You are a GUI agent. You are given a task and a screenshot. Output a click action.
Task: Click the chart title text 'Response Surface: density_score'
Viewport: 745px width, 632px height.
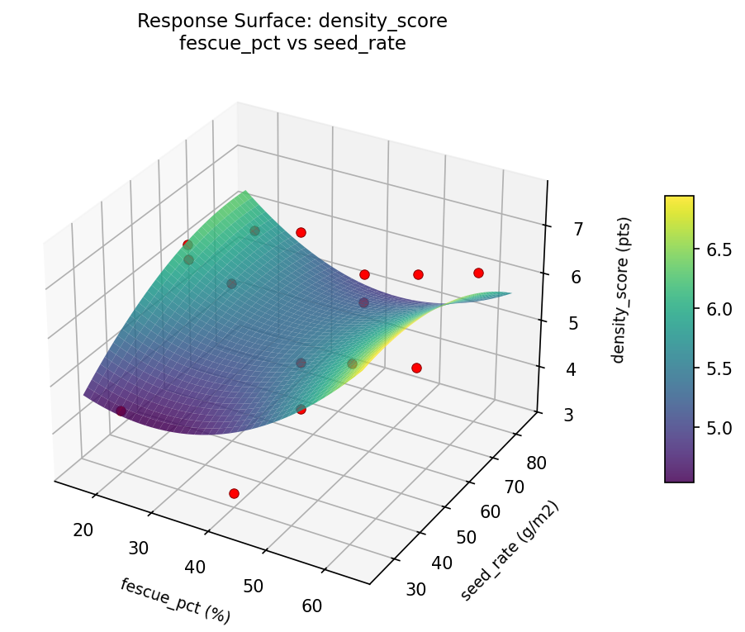(x=292, y=21)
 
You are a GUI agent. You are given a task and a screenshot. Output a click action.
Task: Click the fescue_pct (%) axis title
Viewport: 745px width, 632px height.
(x=175, y=601)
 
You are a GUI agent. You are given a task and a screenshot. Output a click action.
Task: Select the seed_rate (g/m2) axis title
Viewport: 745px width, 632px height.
(x=510, y=551)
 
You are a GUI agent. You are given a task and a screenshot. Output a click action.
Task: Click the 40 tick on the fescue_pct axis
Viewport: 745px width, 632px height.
(x=196, y=567)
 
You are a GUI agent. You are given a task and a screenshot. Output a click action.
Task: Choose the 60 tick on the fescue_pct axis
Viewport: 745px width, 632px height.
(x=311, y=606)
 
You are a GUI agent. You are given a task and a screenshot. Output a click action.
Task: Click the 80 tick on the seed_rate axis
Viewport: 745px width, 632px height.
(x=535, y=462)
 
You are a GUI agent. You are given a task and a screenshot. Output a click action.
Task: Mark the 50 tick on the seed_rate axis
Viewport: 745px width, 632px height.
(x=467, y=537)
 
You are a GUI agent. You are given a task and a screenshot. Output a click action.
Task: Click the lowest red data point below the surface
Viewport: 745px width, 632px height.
(x=234, y=493)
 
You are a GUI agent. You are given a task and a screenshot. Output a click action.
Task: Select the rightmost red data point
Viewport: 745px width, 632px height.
(x=478, y=273)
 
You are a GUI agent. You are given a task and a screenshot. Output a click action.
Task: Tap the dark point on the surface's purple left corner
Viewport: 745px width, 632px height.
(x=121, y=411)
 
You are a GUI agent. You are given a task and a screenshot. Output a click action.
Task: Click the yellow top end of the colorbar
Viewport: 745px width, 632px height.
(x=679, y=200)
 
